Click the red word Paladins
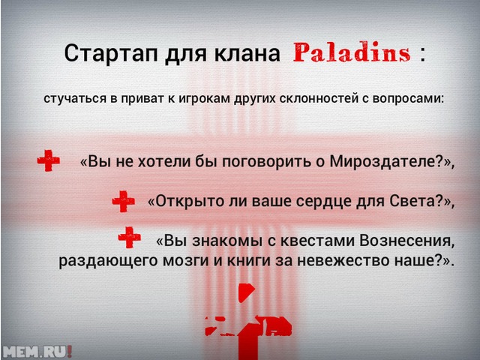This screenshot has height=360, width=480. (352, 52)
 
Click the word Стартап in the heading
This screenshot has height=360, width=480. (112, 53)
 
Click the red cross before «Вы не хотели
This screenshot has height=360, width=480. (48, 160)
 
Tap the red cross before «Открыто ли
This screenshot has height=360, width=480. (123, 201)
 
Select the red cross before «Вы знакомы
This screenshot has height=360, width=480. (130, 237)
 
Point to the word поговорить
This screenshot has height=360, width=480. (267, 162)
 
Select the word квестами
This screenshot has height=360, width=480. (316, 241)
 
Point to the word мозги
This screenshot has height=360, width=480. (187, 260)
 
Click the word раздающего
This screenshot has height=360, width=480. (107, 261)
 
